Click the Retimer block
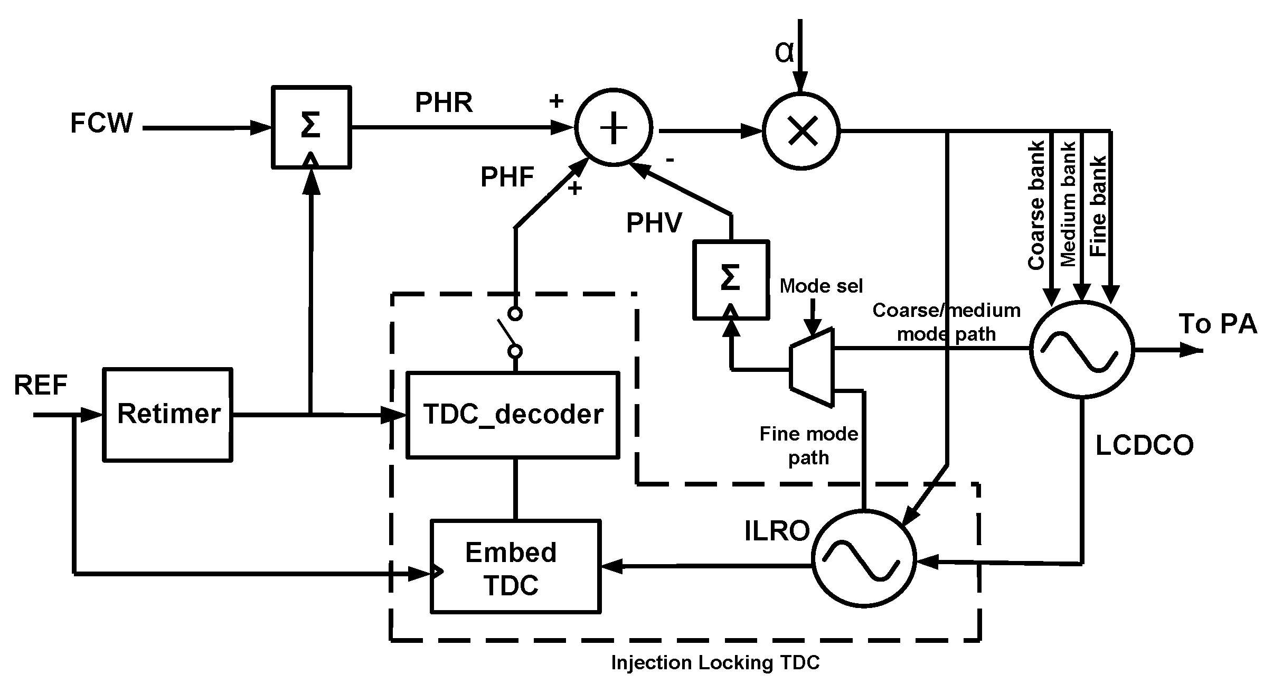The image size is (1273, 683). (167, 415)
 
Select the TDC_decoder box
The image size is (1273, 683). (512, 415)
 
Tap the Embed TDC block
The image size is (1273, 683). (515, 566)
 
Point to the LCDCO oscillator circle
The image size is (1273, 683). (1082, 349)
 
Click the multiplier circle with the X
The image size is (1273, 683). (801, 130)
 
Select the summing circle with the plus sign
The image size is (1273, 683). (613, 127)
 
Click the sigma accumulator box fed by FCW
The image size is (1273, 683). (311, 127)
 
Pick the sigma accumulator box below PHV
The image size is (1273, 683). (731, 279)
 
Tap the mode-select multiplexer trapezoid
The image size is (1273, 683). (812, 368)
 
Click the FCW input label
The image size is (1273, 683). (101, 124)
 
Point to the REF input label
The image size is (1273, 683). (40, 385)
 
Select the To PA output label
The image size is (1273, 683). (1218, 324)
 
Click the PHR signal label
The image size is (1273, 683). (444, 102)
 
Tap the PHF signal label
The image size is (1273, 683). (507, 177)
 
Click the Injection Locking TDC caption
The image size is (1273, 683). (715, 662)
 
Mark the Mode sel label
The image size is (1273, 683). (821, 286)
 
